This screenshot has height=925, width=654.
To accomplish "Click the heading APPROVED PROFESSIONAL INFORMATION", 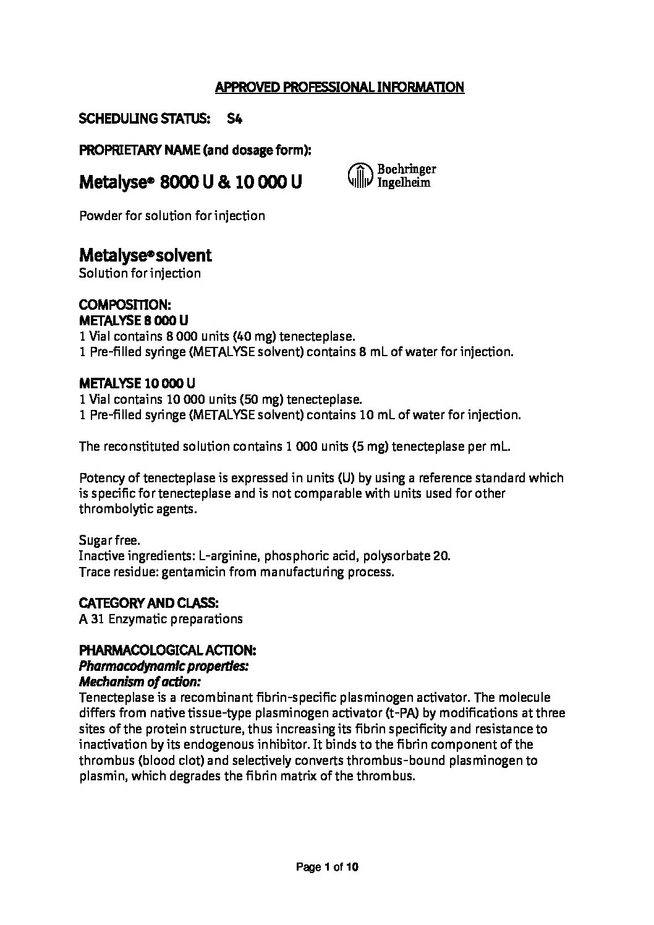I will click(339, 87).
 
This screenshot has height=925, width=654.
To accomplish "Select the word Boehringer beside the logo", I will click(406, 169).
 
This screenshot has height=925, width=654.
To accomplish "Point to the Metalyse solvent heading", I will click(145, 255).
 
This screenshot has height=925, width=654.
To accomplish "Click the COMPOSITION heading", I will click(125, 305).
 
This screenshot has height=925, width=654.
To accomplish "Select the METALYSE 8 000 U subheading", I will click(134, 320).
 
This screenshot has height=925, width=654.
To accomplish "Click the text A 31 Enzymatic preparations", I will click(161, 618).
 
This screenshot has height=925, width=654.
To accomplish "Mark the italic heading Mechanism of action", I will click(140, 682).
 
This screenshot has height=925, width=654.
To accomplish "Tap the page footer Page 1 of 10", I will click(328, 867).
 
